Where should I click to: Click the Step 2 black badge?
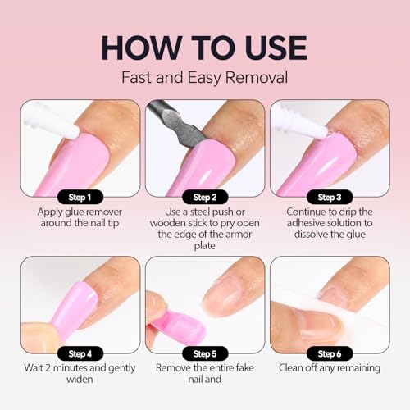pos(204,196)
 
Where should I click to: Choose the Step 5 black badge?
pos(204,353)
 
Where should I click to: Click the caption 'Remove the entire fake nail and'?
pos(204,382)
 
